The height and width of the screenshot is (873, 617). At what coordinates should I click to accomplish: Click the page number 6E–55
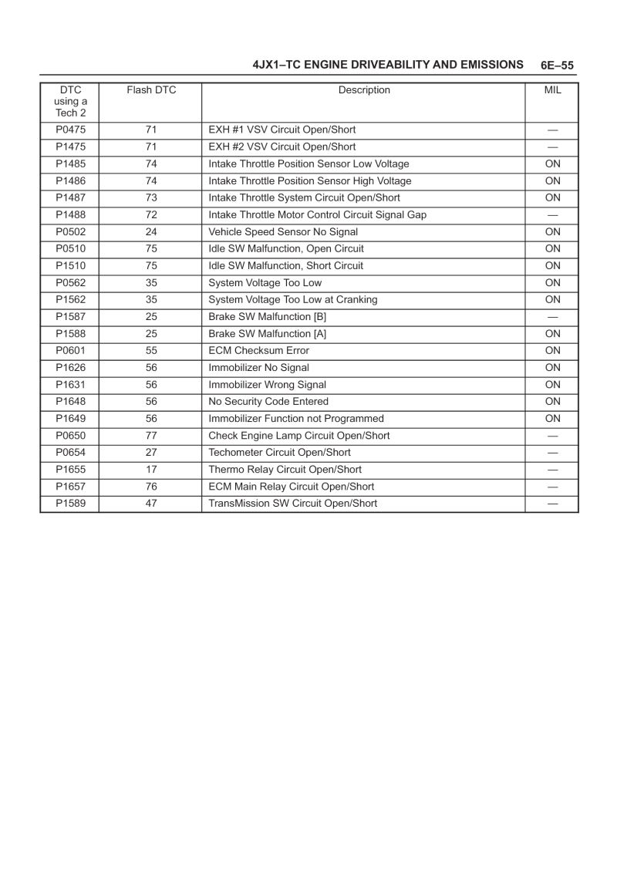click(x=557, y=66)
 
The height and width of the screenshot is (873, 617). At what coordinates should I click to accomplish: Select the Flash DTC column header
click(x=151, y=90)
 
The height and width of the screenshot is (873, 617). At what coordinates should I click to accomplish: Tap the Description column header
click(x=364, y=90)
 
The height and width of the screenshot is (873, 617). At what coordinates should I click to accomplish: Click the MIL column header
click(x=552, y=90)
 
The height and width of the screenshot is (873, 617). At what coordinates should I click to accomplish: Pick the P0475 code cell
click(x=70, y=130)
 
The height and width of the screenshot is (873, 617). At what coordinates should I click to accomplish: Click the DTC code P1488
click(x=70, y=214)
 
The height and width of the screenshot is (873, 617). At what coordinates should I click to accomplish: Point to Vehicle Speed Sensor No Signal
click(x=283, y=231)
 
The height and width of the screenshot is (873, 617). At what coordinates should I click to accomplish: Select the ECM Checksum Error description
click(x=258, y=350)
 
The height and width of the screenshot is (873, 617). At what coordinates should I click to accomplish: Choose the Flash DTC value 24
click(x=151, y=231)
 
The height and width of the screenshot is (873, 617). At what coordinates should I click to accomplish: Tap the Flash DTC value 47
click(x=151, y=503)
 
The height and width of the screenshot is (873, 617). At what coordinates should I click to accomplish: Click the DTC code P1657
click(x=70, y=486)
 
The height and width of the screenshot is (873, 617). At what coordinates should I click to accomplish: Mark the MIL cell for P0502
click(x=552, y=231)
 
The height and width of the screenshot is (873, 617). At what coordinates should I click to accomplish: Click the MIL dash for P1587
click(x=552, y=316)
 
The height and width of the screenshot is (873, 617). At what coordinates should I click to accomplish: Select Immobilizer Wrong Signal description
click(x=267, y=384)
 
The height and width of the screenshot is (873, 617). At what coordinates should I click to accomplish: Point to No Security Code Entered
click(x=268, y=401)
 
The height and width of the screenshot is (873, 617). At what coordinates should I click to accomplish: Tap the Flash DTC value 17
click(x=151, y=469)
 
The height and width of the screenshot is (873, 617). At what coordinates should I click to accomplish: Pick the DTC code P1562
click(x=70, y=299)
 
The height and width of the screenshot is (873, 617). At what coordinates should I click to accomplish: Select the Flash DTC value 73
click(x=151, y=197)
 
